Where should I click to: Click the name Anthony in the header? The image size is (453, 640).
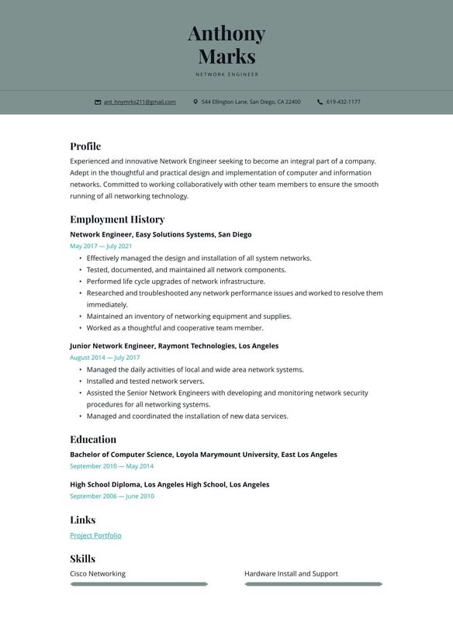(226, 33)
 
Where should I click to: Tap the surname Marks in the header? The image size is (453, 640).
(226, 56)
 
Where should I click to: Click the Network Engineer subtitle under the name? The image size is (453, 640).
(226, 74)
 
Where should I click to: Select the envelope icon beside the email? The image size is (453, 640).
(98, 102)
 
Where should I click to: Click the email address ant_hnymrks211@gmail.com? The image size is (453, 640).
(140, 102)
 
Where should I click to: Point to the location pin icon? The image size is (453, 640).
(195, 102)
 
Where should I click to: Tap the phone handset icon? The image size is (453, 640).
(320, 102)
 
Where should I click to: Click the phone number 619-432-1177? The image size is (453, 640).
(343, 102)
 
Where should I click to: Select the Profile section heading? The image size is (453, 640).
(85, 146)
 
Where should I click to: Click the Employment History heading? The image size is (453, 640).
(117, 219)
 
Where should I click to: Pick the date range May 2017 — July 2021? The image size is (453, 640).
(101, 246)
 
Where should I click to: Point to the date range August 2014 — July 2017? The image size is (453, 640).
(105, 358)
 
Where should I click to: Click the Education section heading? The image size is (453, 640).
(93, 439)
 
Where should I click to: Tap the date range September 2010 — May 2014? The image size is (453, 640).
(112, 466)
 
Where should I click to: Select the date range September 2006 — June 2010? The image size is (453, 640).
(112, 496)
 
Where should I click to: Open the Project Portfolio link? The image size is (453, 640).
(95, 535)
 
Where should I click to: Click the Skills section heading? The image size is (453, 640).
(82, 559)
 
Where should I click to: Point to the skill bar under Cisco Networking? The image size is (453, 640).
(139, 584)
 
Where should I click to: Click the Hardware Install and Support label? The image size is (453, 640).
(291, 574)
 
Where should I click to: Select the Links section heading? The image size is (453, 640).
(82, 520)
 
